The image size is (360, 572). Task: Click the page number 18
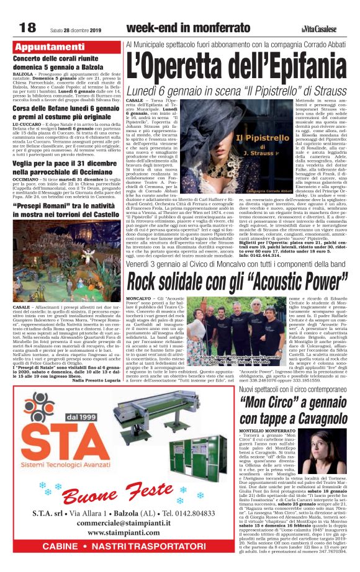27,27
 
